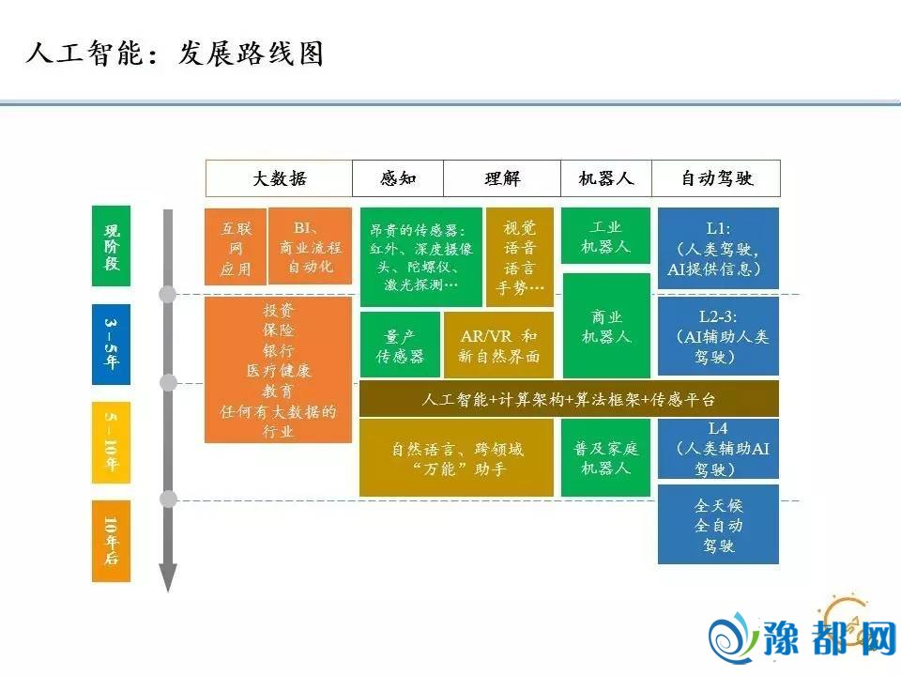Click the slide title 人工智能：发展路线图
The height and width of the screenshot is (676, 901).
[175, 54]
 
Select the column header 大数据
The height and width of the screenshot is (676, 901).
[280, 178]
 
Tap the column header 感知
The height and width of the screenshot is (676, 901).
[398, 178]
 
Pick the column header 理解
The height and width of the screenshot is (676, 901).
[502, 178]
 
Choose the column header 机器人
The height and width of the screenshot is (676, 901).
[606, 178]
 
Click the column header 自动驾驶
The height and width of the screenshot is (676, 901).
[716, 178]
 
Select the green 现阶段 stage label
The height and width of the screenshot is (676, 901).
[112, 246]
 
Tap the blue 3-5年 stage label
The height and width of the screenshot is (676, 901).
[112, 345]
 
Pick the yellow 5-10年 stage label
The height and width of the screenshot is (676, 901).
[112, 442]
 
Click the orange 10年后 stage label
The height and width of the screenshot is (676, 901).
[112, 541]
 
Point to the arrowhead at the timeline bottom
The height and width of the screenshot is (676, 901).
[168, 577]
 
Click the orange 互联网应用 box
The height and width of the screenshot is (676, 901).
[236, 247]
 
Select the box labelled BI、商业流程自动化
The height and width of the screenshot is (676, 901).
[311, 246]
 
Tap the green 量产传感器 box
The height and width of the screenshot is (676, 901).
[400, 345]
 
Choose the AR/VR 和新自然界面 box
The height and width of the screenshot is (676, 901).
[498, 345]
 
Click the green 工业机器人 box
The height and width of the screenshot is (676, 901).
[605, 236]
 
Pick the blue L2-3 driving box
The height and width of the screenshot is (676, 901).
[718, 336]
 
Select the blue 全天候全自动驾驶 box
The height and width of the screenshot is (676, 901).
[718, 524]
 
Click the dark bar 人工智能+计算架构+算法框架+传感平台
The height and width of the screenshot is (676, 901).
[569, 398]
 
